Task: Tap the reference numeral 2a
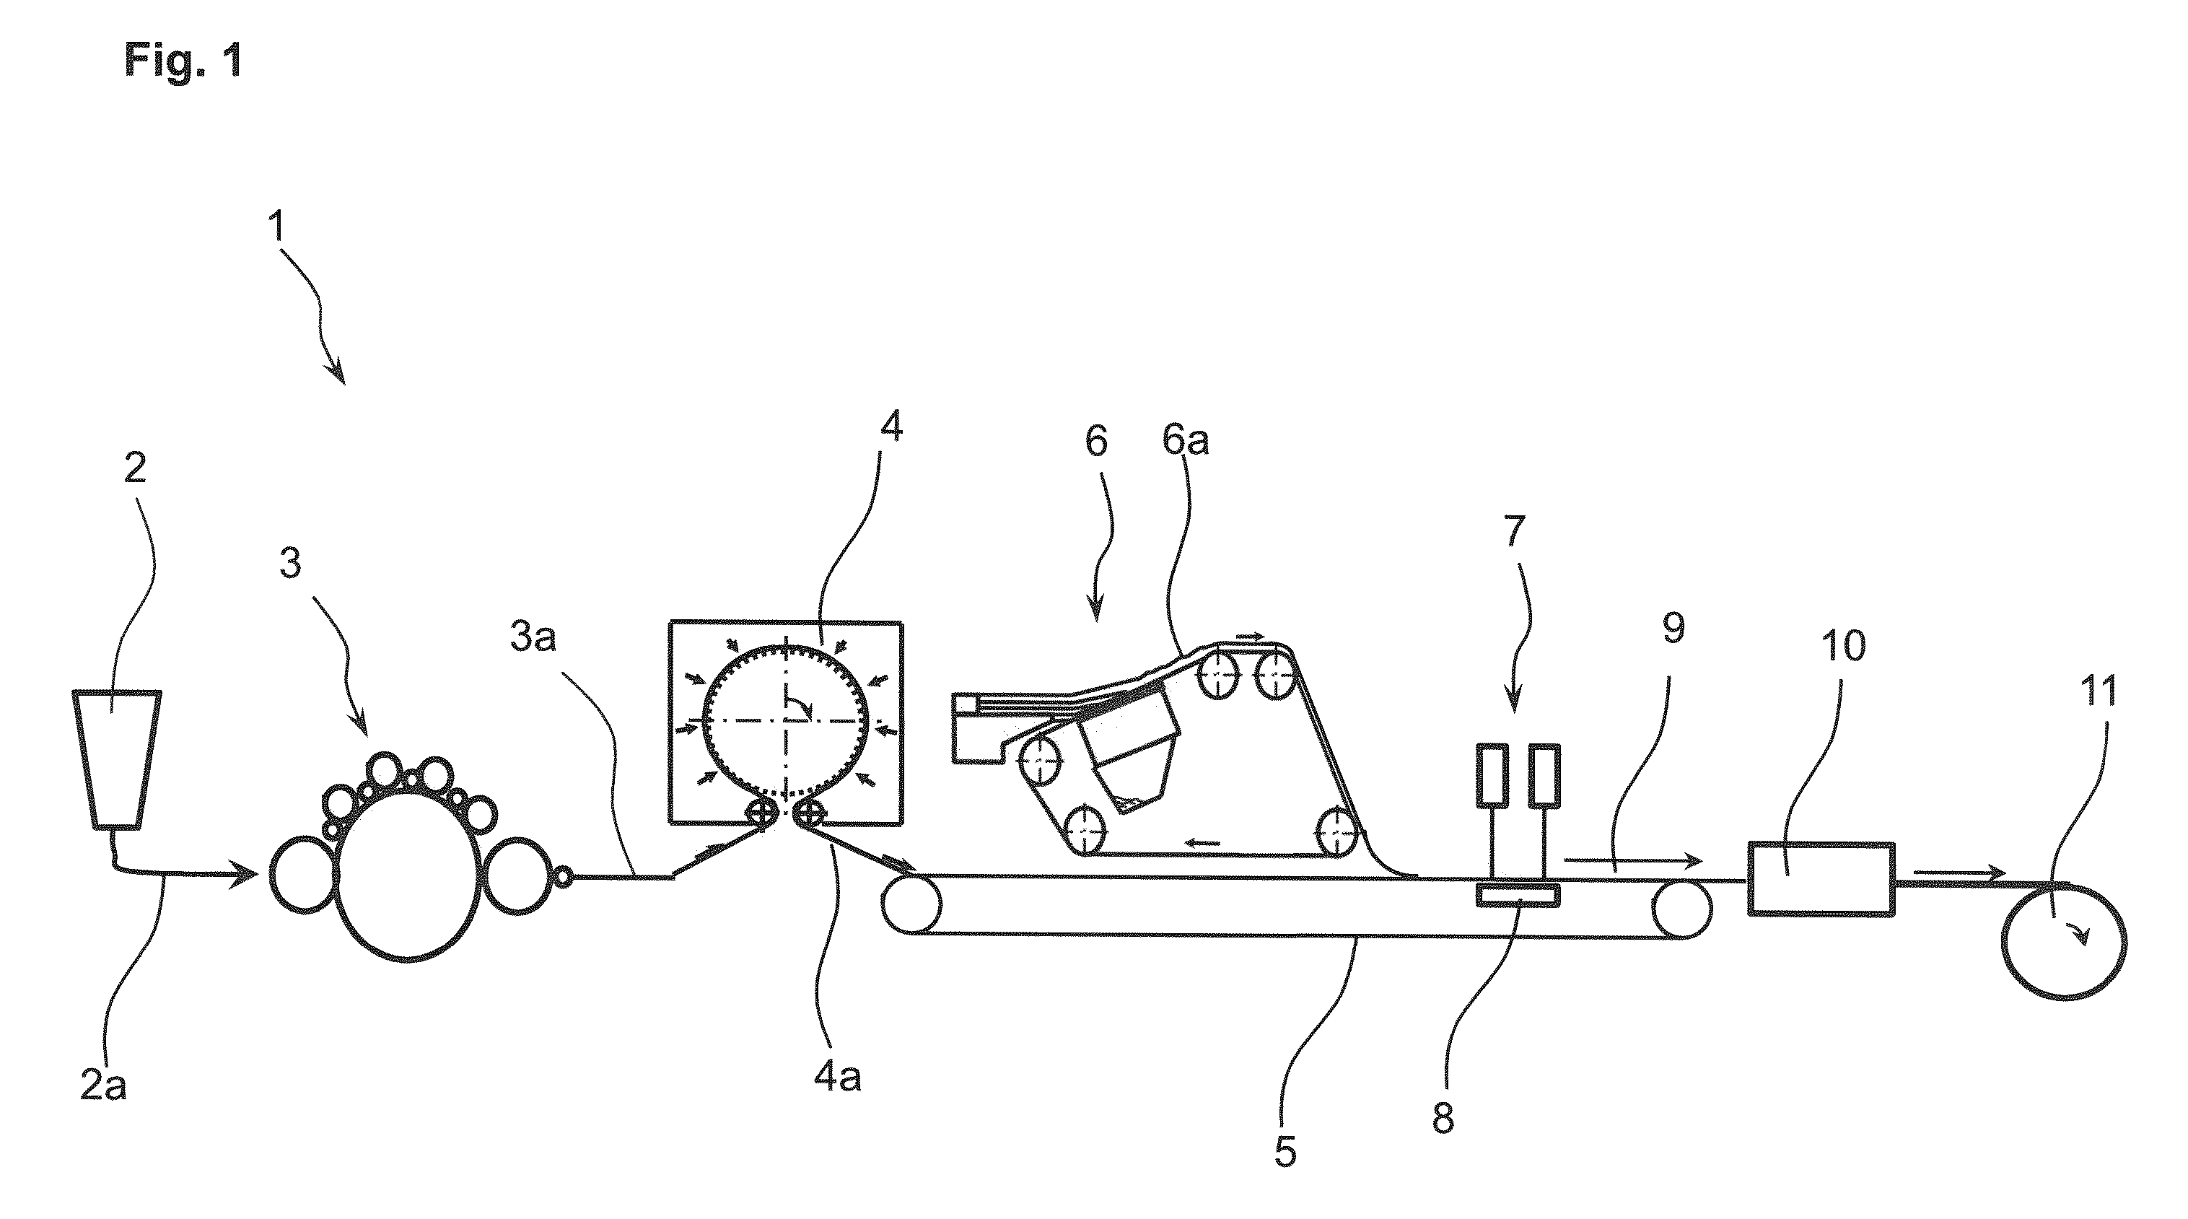[104, 1086]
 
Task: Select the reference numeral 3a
[533, 637]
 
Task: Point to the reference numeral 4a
[838, 1076]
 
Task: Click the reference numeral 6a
[1186, 441]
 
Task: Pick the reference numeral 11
[2098, 691]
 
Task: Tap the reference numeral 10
[1843, 646]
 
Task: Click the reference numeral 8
[1443, 1119]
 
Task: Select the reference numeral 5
[1285, 1152]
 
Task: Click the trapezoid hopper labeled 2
[115, 759]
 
